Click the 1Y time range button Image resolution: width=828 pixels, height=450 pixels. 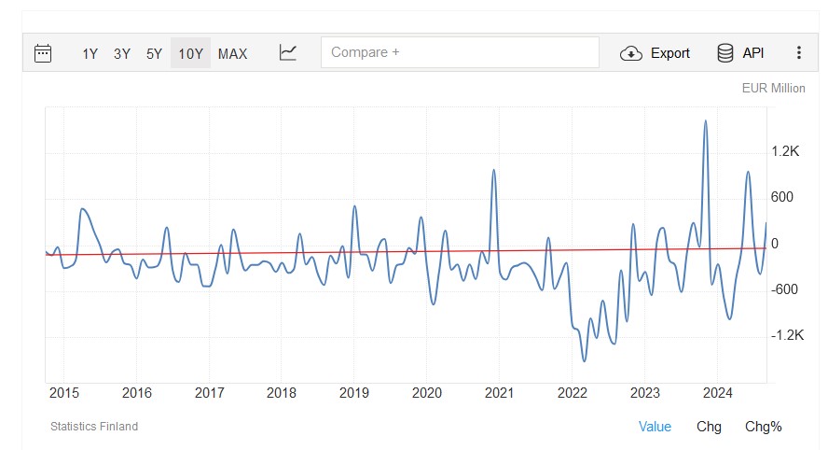(x=90, y=53)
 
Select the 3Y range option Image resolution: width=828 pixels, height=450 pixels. (x=122, y=53)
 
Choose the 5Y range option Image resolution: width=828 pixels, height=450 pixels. (x=155, y=53)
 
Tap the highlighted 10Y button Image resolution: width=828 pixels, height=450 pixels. (x=190, y=53)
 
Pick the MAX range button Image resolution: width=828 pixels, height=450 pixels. (x=232, y=53)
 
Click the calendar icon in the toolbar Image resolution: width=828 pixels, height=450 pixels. (x=43, y=53)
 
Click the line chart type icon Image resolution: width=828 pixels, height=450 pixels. (x=288, y=53)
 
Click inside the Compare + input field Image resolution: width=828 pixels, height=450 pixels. (x=460, y=52)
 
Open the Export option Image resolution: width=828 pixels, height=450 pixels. (x=655, y=53)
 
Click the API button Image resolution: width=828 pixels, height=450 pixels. (x=740, y=53)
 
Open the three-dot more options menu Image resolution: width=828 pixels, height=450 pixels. (x=799, y=53)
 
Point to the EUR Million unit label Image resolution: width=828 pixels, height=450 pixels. (x=773, y=89)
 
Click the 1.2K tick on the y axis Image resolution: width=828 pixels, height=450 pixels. (x=786, y=151)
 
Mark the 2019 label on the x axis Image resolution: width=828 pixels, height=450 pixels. (x=354, y=392)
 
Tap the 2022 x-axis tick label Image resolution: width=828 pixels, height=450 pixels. (x=572, y=392)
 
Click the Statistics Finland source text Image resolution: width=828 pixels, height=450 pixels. (x=94, y=427)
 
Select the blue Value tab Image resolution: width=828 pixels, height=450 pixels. (x=655, y=427)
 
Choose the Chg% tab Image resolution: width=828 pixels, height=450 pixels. (x=763, y=427)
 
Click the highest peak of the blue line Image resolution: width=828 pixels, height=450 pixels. (x=705, y=121)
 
